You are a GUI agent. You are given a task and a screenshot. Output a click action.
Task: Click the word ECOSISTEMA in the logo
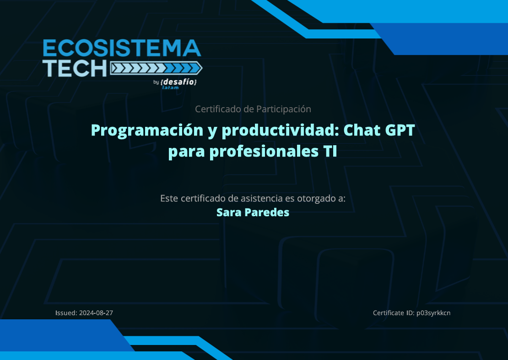[122, 48]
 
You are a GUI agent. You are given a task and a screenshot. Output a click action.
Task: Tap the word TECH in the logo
[75, 68]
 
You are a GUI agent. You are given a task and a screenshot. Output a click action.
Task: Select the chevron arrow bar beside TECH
[156, 68]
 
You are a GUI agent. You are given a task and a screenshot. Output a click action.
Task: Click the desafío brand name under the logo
[178, 82]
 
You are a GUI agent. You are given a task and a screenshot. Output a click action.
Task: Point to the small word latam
[170, 87]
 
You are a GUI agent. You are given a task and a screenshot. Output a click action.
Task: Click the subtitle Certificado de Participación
[253, 109]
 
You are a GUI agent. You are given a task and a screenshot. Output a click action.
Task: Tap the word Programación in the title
[147, 131]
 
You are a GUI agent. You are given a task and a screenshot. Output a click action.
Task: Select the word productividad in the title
[280, 131]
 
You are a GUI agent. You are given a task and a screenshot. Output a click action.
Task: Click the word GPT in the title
[400, 130]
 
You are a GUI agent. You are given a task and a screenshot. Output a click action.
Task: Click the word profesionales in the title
[264, 152]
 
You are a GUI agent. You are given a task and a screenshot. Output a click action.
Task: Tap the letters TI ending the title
[330, 151]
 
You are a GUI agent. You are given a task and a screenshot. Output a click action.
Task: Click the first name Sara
[229, 213]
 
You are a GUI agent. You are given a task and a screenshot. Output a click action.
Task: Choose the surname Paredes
[267, 213]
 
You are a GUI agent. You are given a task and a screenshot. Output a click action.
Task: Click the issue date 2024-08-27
[96, 313]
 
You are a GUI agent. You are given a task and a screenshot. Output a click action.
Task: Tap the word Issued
[66, 313]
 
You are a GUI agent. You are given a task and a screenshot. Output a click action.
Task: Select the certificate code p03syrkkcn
[433, 313]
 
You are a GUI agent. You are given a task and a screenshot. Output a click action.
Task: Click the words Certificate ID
[394, 313]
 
